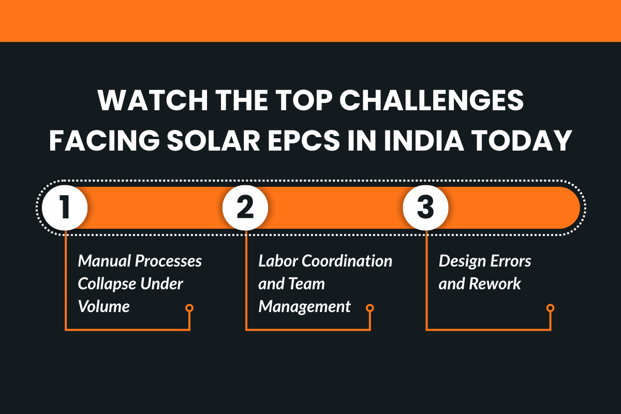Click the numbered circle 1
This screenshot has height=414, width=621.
(x=65, y=208)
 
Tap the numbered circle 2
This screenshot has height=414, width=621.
(x=245, y=208)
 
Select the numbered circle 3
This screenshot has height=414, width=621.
(x=425, y=208)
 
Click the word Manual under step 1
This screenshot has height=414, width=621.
(x=104, y=261)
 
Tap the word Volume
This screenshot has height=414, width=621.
(x=103, y=306)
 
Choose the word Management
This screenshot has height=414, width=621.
(x=304, y=306)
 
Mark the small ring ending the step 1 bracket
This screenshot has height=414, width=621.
(x=189, y=308)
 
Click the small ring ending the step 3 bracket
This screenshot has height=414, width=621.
(x=550, y=308)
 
